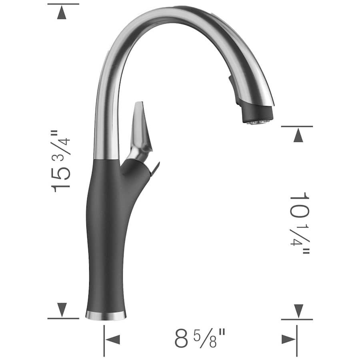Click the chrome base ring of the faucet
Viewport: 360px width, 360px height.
(106, 316)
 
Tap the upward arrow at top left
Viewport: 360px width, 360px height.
(62, 13)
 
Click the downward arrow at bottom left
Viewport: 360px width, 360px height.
(62, 309)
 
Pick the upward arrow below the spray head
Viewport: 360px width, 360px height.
(298, 136)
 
